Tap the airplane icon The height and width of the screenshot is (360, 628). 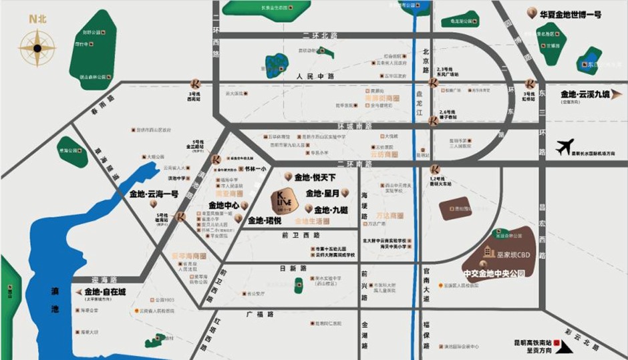coord(565,146)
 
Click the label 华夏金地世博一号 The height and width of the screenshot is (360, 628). coord(571,13)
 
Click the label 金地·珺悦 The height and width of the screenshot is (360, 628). coord(265,220)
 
